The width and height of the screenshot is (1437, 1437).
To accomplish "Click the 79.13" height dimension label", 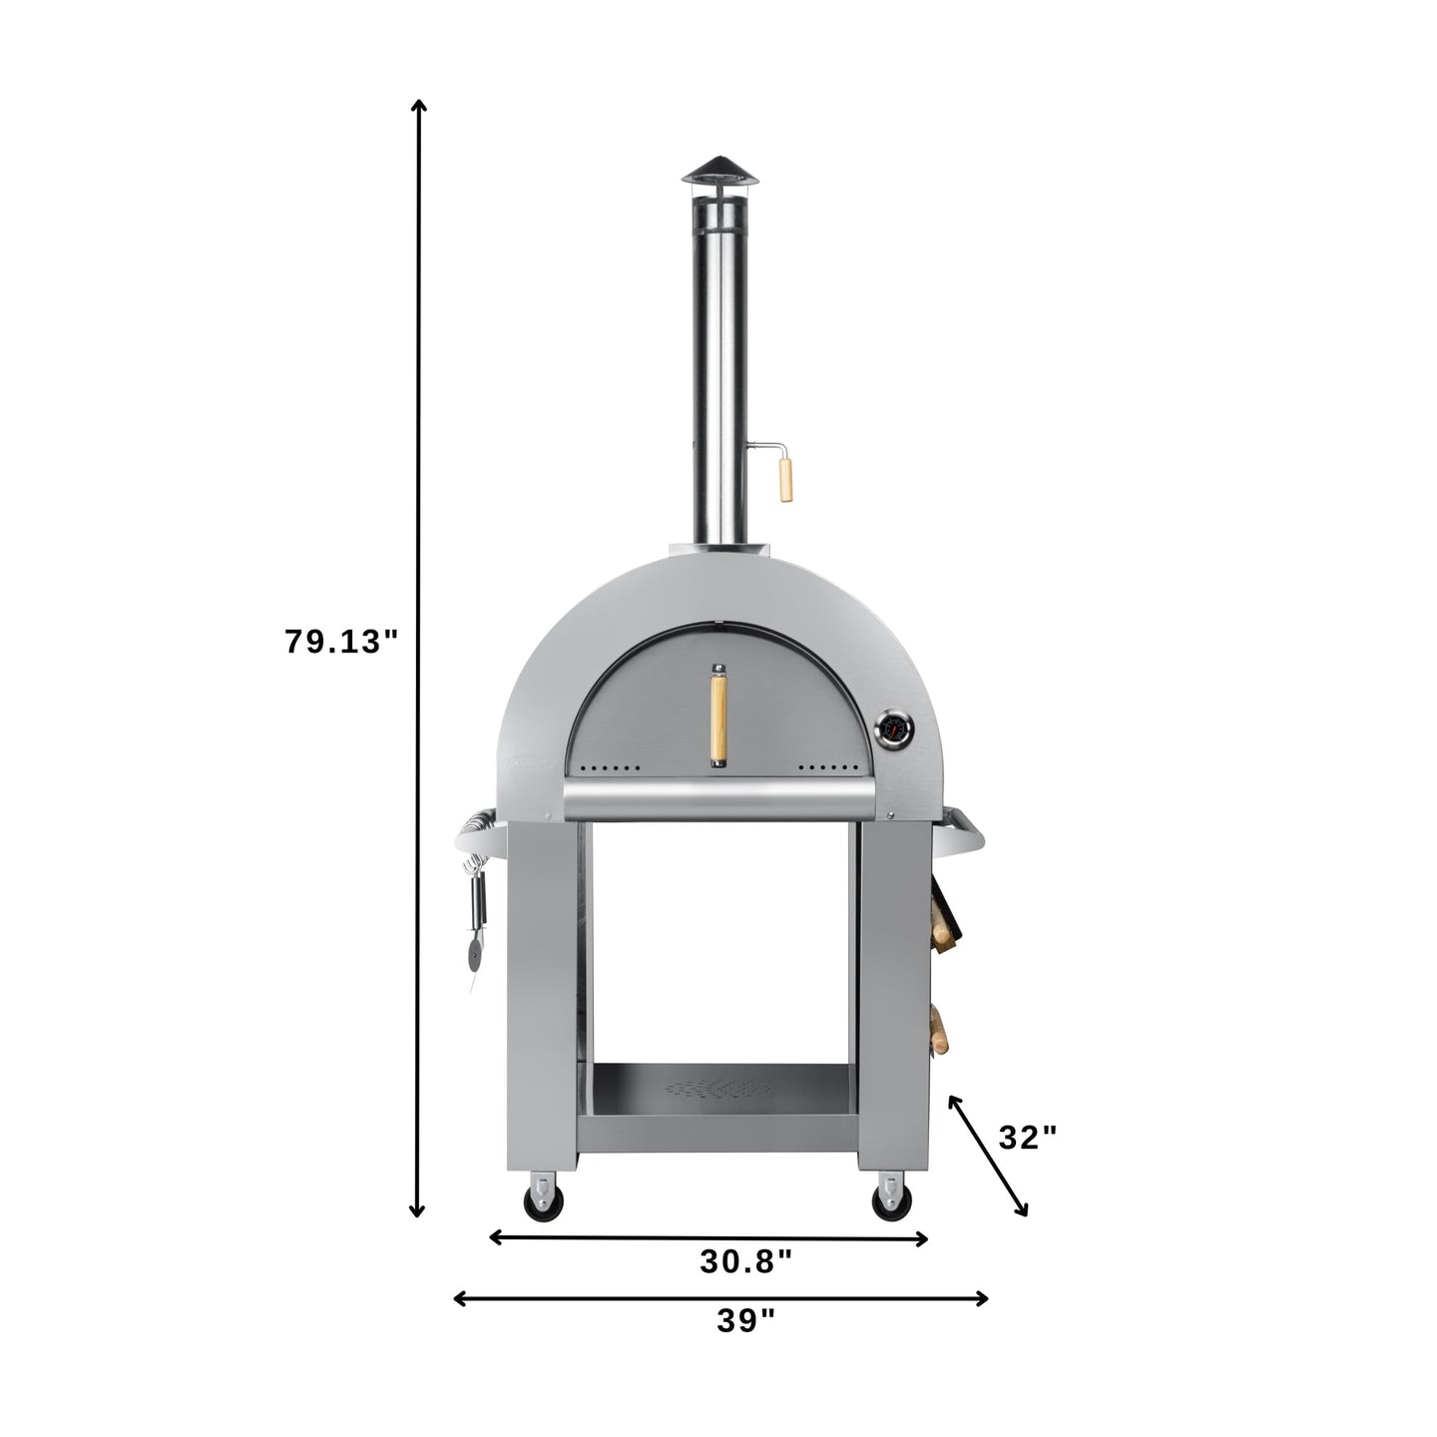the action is click(342, 642).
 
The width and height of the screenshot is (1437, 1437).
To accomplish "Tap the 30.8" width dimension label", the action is click(745, 1261).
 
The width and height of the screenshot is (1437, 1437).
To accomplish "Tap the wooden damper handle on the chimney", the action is click(786, 479).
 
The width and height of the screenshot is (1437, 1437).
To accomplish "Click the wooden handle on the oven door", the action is click(718, 715).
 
